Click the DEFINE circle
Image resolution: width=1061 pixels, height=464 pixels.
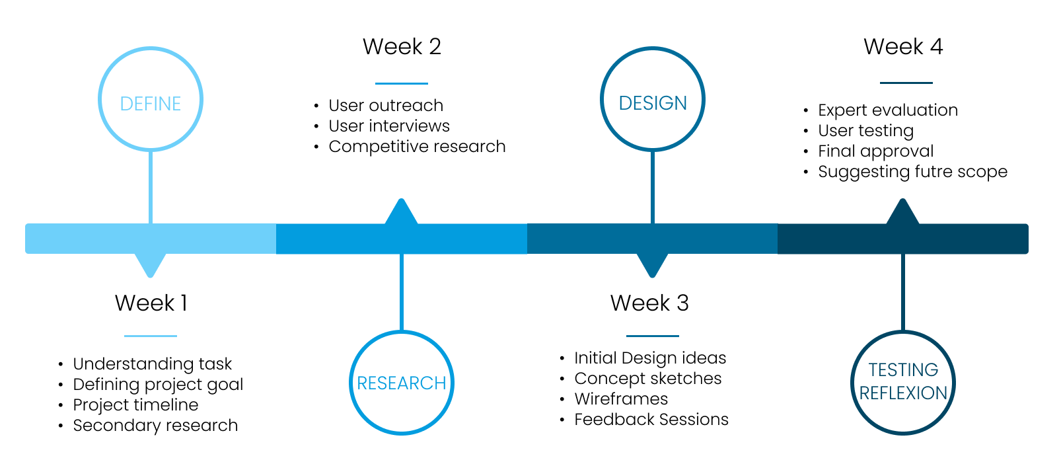pyautogui.click(x=151, y=100)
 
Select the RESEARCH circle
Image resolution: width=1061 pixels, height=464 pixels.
pyautogui.click(x=401, y=383)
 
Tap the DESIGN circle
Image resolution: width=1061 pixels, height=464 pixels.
pyautogui.click(x=653, y=100)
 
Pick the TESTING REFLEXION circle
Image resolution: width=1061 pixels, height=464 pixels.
pyautogui.click(x=903, y=382)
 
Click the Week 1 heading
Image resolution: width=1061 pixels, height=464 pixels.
pyautogui.click(x=151, y=303)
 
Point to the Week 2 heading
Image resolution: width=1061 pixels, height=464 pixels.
pyautogui.click(x=402, y=47)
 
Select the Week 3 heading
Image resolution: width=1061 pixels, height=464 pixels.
pyautogui.click(x=649, y=303)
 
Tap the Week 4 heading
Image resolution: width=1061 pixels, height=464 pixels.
pyautogui.click(x=903, y=47)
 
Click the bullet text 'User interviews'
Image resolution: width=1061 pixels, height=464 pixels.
pyautogui.click(x=389, y=126)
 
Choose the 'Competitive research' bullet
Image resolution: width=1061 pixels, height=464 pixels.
pyautogui.click(x=417, y=146)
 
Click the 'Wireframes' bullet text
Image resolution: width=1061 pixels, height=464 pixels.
pyautogui.click(x=621, y=399)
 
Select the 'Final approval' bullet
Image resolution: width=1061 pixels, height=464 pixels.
pyautogui.click(x=875, y=151)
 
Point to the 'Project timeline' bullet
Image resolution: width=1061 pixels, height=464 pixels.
pyautogui.click(x=135, y=405)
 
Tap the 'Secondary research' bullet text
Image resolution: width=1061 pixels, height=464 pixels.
pyautogui.click(x=155, y=425)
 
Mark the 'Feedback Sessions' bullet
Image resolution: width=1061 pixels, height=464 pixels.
pyautogui.click(x=651, y=419)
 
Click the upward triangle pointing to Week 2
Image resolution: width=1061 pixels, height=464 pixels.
pyautogui.click(x=401, y=213)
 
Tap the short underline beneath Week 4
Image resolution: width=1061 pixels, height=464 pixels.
pyautogui.click(x=906, y=83)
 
